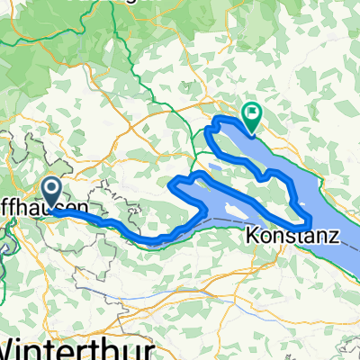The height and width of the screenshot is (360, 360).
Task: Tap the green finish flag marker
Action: (x=251, y=114)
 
